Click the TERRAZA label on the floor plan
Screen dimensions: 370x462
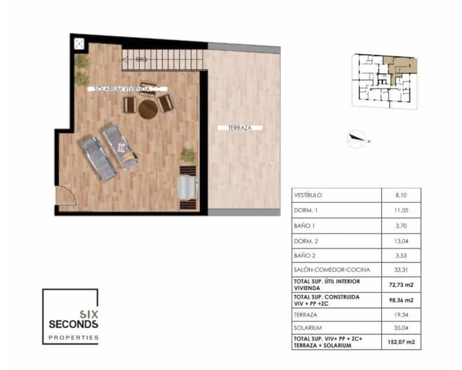[240, 127]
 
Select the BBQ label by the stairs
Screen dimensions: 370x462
[140, 59]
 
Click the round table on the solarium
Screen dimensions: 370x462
[148, 109]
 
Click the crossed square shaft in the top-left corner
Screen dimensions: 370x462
[79, 43]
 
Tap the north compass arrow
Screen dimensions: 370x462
[357, 138]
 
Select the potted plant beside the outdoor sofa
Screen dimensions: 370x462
[188, 155]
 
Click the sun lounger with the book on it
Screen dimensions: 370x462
[120, 147]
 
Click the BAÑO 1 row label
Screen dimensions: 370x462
[306, 225]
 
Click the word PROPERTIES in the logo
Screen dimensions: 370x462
[73, 337]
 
